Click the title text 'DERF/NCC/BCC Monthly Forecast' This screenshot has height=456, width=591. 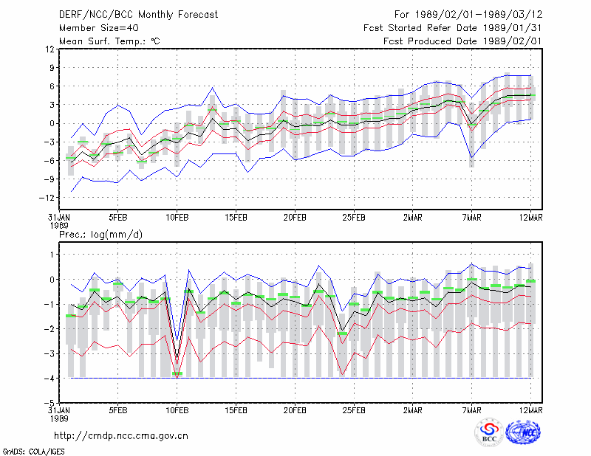138,15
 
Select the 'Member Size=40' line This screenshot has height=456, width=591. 99,28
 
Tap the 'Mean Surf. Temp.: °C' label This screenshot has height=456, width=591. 109,41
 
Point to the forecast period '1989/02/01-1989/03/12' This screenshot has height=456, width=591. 479,15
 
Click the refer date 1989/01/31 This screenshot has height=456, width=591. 512,28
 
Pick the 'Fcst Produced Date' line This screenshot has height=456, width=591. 462,41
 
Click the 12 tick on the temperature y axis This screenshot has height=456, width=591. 49,49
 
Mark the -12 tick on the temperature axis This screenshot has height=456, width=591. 47,198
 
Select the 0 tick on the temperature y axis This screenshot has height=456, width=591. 52,123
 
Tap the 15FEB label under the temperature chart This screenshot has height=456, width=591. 236,218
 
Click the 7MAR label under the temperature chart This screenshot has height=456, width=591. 471,218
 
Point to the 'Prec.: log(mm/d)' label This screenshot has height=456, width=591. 100,235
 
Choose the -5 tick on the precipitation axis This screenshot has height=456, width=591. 49,403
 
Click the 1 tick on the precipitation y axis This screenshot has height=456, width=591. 52,255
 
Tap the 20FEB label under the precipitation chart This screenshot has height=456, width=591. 295,410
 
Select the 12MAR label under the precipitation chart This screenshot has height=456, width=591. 530,410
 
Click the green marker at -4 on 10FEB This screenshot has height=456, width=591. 177,373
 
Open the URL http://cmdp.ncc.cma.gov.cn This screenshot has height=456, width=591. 121,436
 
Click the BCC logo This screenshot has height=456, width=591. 489,433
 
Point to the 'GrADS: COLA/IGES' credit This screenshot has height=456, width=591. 33,452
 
